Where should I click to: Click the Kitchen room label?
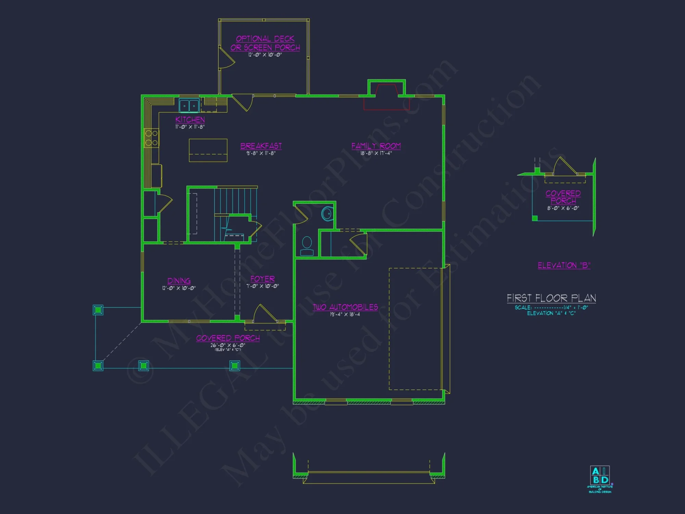click(190, 120)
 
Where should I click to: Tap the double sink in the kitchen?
click(189, 106)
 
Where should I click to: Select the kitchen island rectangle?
click(208, 150)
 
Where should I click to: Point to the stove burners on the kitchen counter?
click(151, 138)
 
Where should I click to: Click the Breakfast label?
click(261, 146)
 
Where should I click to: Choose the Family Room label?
click(376, 146)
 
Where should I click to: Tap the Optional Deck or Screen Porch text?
click(265, 43)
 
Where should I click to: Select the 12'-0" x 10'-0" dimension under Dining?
click(179, 288)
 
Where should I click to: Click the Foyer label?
click(262, 279)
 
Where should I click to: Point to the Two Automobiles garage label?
click(345, 307)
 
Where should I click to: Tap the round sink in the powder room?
click(327, 214)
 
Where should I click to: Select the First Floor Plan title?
click(551, 298)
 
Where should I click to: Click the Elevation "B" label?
click(564, 265)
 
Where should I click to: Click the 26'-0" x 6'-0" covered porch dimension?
click(228, 345)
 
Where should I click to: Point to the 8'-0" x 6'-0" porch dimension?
click(563, 208)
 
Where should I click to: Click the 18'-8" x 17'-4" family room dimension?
click(376, 153)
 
